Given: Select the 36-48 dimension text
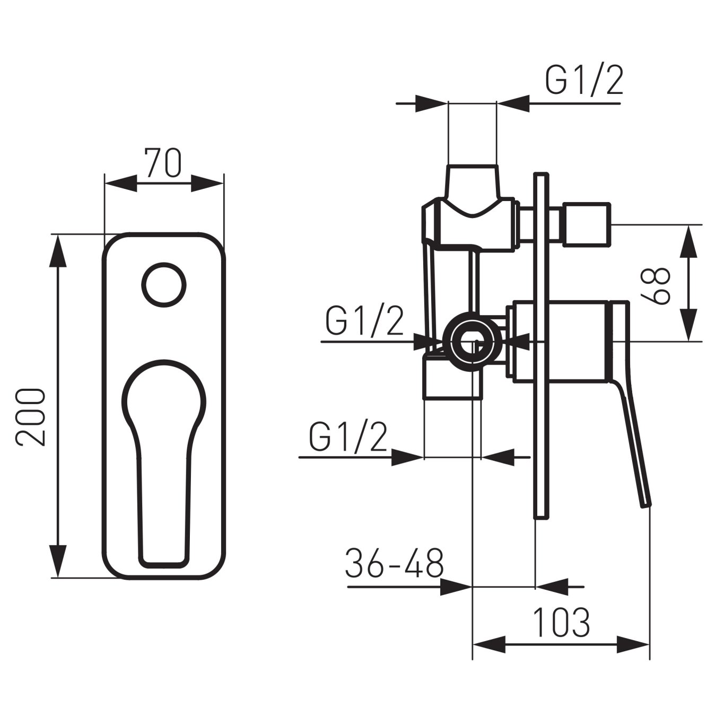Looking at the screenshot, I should pyautogui.click(x=394, y=563).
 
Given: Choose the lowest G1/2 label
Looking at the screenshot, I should pyautogui.click(x=348, y=436).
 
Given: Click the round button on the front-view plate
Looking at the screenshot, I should pyautogui.click(x=164, y=283).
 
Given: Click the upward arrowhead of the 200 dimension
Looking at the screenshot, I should pyautogui.click(x=58, y=249).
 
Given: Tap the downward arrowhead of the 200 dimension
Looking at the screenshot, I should pyautogui.click(x=58, y=562).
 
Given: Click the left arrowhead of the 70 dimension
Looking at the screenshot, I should pyautogui.click(x=119, y=184).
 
